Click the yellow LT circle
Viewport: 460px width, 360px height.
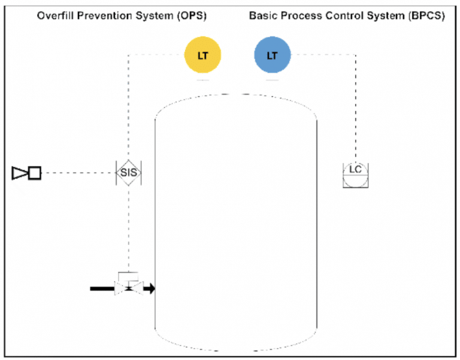(x=202, y=56)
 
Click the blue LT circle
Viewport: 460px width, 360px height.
(x=272, y=56)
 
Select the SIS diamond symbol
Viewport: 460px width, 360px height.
(x=128, y=173)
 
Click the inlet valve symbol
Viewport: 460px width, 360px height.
(x=128, y=289)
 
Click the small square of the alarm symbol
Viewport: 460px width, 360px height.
(x=35, y=173)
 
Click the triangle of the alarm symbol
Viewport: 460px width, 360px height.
(x=19, y=173)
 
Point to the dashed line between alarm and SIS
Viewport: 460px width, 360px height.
(x=78, y=173)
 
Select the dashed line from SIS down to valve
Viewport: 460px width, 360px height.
(x=128, y=228)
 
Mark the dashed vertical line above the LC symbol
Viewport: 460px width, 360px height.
(x=355, y=108)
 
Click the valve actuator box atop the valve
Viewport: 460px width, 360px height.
(x=128, y=276)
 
